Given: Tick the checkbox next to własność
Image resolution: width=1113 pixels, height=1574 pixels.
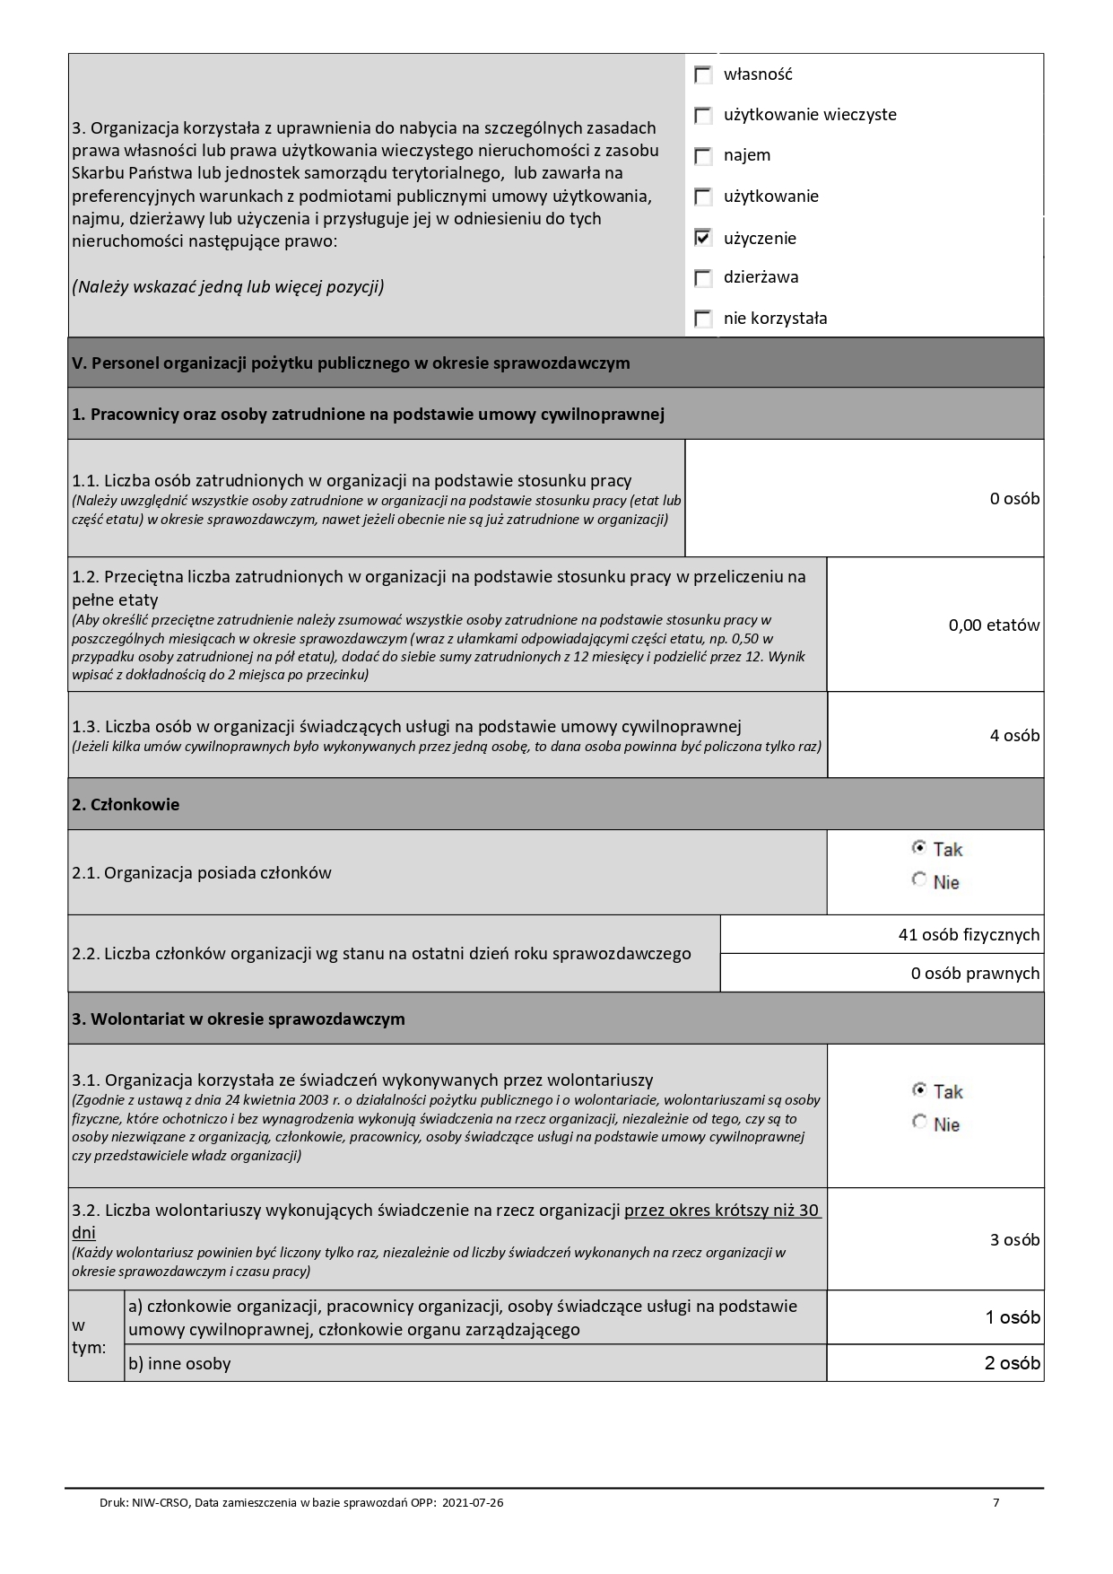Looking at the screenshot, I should pos(704,75).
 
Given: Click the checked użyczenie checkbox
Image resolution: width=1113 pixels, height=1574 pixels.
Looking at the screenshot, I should pos(704,238).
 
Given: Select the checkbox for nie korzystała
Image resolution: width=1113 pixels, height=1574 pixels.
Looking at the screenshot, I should pos(704,319).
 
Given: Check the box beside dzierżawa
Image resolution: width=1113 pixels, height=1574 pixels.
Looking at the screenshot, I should pos(704,278).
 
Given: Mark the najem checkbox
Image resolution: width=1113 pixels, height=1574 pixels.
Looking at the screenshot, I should pos(704,156).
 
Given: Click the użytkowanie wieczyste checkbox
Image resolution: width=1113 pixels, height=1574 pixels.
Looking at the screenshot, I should pos(704,116).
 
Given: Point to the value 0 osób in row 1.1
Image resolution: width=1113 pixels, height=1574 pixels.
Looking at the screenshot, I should pos(1014,499).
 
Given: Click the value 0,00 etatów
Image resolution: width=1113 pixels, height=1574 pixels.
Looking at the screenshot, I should pos(994,625).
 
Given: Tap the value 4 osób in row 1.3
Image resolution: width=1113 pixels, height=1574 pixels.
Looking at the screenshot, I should pos(1014,736).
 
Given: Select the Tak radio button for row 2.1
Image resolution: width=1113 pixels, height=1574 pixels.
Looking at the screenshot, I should pos(919,847).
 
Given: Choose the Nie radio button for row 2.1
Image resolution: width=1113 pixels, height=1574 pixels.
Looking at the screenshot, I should pos(919,880).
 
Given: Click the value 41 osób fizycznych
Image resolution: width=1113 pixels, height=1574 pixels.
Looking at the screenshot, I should pos(969,935).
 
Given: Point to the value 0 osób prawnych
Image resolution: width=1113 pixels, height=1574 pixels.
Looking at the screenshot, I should pos(975,974).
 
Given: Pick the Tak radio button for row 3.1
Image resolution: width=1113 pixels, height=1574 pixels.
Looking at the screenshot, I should pos(919,1089).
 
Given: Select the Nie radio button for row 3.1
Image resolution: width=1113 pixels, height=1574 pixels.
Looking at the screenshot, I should pos(919,1123).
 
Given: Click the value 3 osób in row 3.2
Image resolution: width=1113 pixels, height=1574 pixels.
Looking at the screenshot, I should pos(1014,1240).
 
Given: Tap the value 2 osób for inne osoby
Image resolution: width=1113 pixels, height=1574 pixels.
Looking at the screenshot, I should pos(1013,1363).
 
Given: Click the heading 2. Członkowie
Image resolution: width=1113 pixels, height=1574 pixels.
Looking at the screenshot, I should pos(126,805).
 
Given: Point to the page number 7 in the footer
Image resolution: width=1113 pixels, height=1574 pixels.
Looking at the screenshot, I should pos(996,1503).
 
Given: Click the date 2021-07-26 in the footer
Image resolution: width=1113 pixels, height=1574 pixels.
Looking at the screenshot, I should pos(473,1503).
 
